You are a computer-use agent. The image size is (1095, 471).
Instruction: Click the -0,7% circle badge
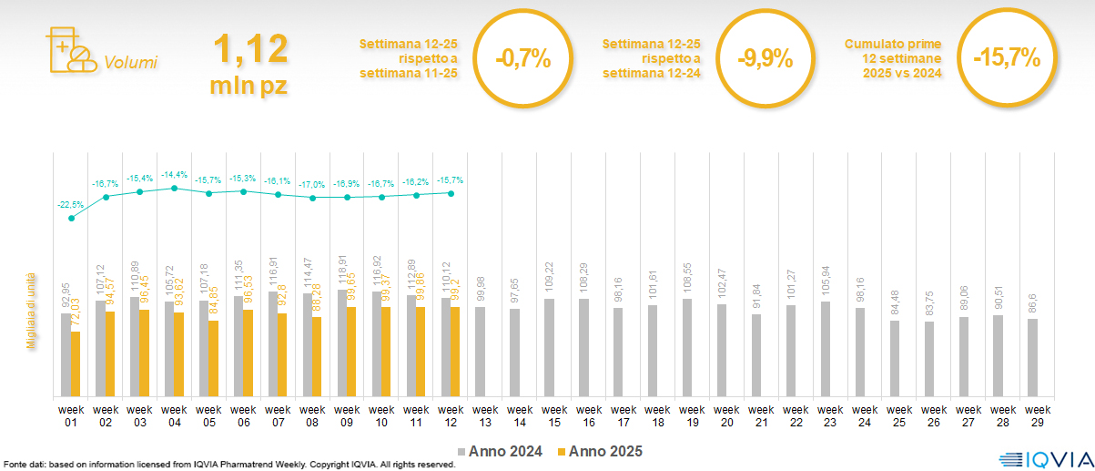coord(523,59)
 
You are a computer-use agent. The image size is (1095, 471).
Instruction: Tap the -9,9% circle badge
coord(765,59)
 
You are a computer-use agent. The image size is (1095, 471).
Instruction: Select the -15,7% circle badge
coord(1006,59)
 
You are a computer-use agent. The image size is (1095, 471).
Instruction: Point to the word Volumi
coord(130,63)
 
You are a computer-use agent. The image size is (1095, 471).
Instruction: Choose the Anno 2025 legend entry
coord(600,451)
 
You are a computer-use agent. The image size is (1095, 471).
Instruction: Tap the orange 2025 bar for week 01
coord(76,364)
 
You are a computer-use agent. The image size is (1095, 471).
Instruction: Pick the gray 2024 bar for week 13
coord(480,352)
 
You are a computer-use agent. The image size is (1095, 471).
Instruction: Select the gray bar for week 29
coord(1032,357)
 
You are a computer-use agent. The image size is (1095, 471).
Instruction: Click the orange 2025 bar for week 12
coord(455,352)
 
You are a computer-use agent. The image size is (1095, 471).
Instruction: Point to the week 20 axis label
coord(726,415)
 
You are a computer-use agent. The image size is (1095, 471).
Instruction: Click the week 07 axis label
coord(279,415)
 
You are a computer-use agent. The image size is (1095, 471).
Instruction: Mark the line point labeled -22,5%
coord(72,218)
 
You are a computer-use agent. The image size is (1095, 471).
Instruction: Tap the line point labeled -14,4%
coord(175,189)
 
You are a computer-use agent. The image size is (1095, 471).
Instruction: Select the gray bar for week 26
coord(928,359)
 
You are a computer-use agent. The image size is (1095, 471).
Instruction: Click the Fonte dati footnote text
coord(228,465)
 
